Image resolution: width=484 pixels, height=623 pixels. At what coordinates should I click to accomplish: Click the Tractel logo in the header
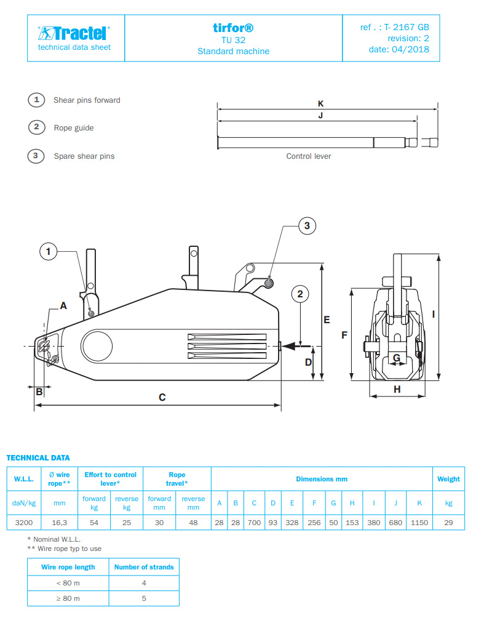[74, 33]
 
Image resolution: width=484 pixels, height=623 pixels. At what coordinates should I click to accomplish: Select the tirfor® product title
[233, 28]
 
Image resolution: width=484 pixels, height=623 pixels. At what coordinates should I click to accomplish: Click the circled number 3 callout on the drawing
[307, 226]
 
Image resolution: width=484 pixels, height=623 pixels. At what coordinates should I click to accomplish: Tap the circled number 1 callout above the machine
[49, 251]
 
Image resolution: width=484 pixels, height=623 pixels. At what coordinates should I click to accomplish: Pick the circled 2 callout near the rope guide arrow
[300, 294]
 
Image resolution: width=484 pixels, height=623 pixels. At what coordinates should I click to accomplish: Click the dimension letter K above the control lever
[320, 103]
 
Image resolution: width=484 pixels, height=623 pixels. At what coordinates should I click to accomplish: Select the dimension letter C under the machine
[162, 398]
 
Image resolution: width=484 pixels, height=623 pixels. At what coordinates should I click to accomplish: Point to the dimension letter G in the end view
[397, 357]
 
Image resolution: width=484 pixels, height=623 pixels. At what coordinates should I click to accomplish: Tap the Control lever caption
[308, 156]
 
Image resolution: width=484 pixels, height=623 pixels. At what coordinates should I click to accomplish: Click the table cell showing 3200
[24, 522]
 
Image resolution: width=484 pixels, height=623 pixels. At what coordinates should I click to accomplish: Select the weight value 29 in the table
[448, 522]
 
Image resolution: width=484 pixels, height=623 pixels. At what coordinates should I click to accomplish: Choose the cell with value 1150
[419, 522]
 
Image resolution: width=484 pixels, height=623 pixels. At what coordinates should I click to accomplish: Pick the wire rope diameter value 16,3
[59, 522]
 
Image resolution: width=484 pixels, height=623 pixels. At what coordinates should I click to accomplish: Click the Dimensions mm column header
[322, 479]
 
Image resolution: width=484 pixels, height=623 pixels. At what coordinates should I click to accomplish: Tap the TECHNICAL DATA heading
[38, 457]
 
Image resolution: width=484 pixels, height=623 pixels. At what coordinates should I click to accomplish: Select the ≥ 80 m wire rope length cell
[68, 598]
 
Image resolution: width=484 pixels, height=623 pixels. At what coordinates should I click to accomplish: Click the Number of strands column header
[144, 567]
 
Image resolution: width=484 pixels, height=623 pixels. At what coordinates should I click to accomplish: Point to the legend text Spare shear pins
[84, 156]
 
